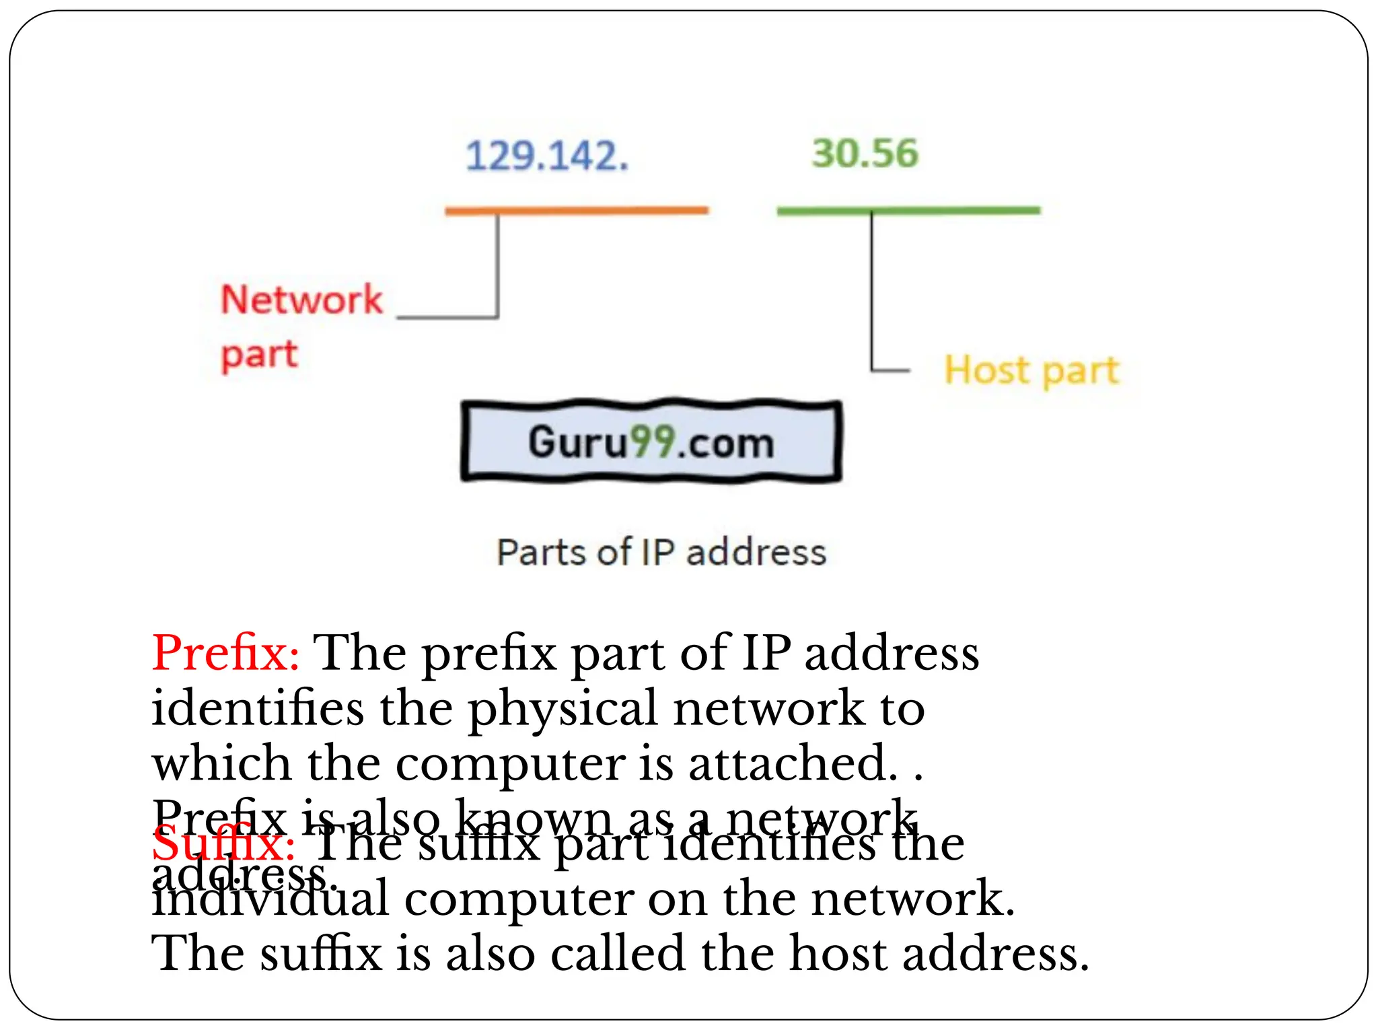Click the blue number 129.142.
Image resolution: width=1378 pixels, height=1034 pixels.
point(546,156)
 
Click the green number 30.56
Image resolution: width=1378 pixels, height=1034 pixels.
point(865,153)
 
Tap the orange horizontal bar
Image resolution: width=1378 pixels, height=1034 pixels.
point(576,211)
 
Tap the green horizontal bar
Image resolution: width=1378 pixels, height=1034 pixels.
point(908,211)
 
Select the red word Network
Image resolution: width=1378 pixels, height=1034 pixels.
point(301,300)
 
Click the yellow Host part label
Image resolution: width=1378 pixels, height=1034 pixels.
point(1031,370)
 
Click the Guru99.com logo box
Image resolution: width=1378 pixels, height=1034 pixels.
point(651,442)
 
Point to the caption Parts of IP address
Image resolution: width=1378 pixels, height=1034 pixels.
point(661,553)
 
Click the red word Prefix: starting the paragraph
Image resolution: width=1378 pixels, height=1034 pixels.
point(225,653)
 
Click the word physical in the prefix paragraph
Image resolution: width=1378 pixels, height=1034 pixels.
point(563,710)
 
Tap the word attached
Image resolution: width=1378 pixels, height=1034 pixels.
point(793,764)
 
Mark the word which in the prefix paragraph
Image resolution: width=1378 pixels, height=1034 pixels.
point(222,764)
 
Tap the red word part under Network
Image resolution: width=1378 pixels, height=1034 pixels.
point(259,355)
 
